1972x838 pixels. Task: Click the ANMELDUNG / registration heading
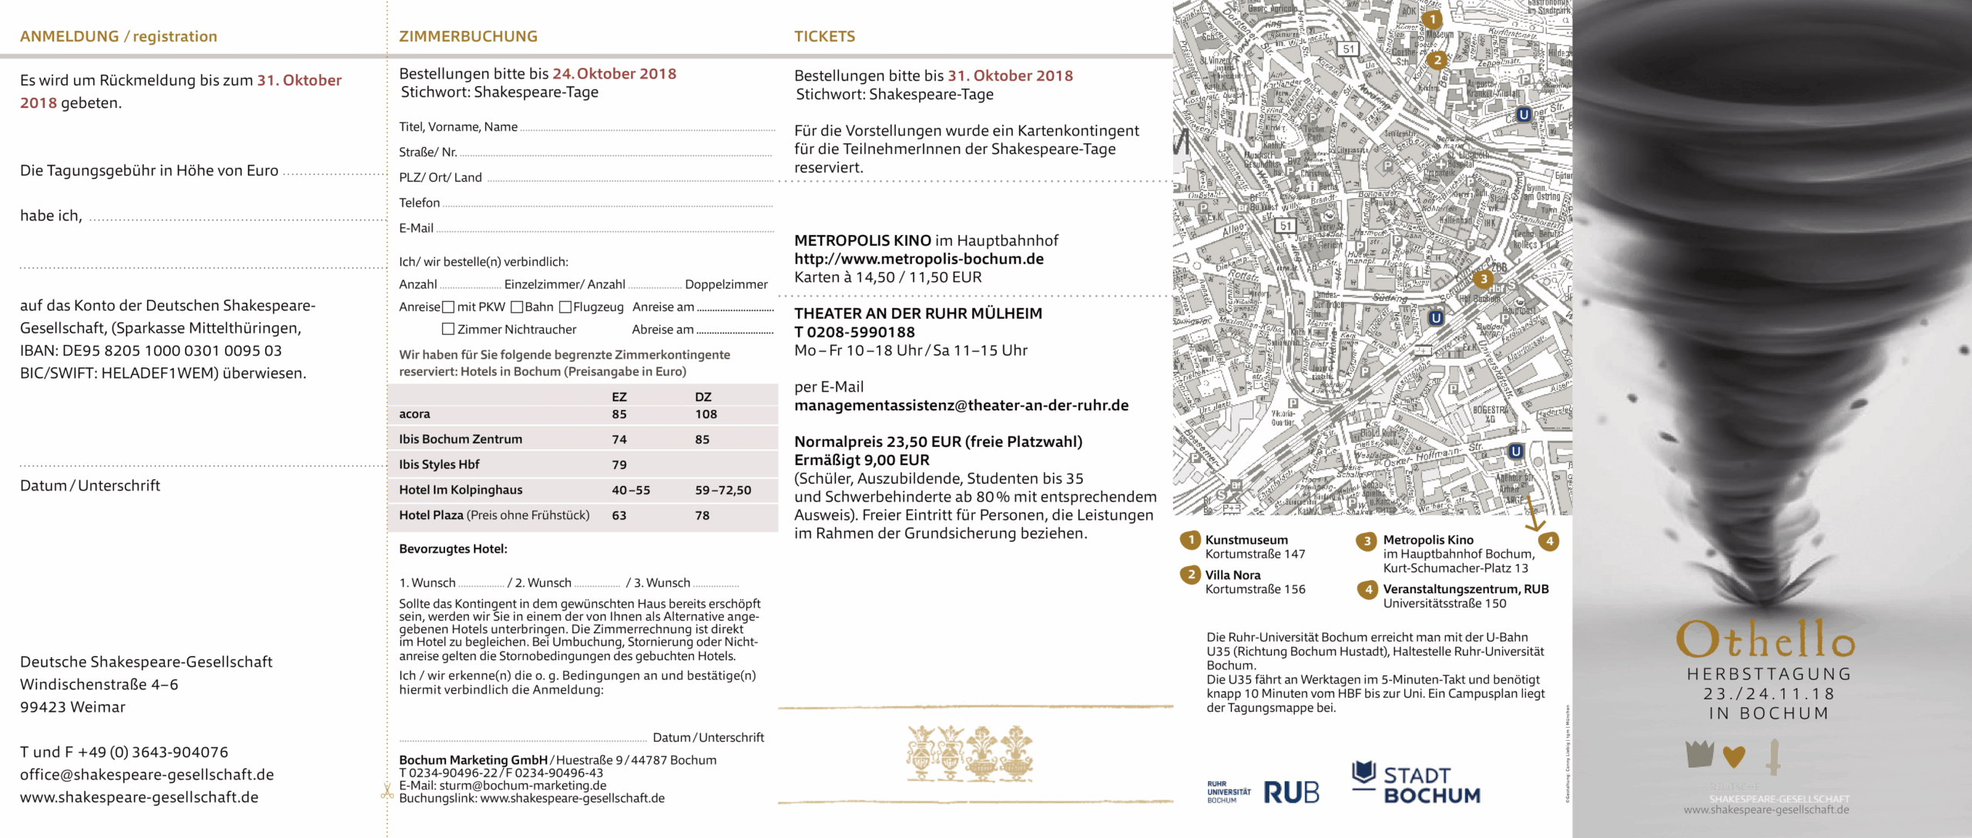119,36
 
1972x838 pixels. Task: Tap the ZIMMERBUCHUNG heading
468,36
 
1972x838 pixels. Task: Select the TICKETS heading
825,36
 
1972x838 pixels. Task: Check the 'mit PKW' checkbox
448,307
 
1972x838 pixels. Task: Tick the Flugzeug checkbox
565,307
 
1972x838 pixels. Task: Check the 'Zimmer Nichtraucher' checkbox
448,330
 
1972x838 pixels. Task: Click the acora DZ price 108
706,414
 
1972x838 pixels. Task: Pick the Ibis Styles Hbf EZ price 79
619,465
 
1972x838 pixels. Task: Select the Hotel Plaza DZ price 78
702,516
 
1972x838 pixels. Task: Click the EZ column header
619,397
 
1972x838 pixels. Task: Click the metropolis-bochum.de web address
919,260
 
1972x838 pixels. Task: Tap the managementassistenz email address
961,406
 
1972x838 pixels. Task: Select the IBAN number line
151,351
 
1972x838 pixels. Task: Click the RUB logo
1291,793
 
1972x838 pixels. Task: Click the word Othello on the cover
1766,640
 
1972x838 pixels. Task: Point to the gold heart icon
1733,756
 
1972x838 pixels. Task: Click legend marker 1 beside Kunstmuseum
1191,540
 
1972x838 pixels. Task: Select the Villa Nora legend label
1232,575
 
